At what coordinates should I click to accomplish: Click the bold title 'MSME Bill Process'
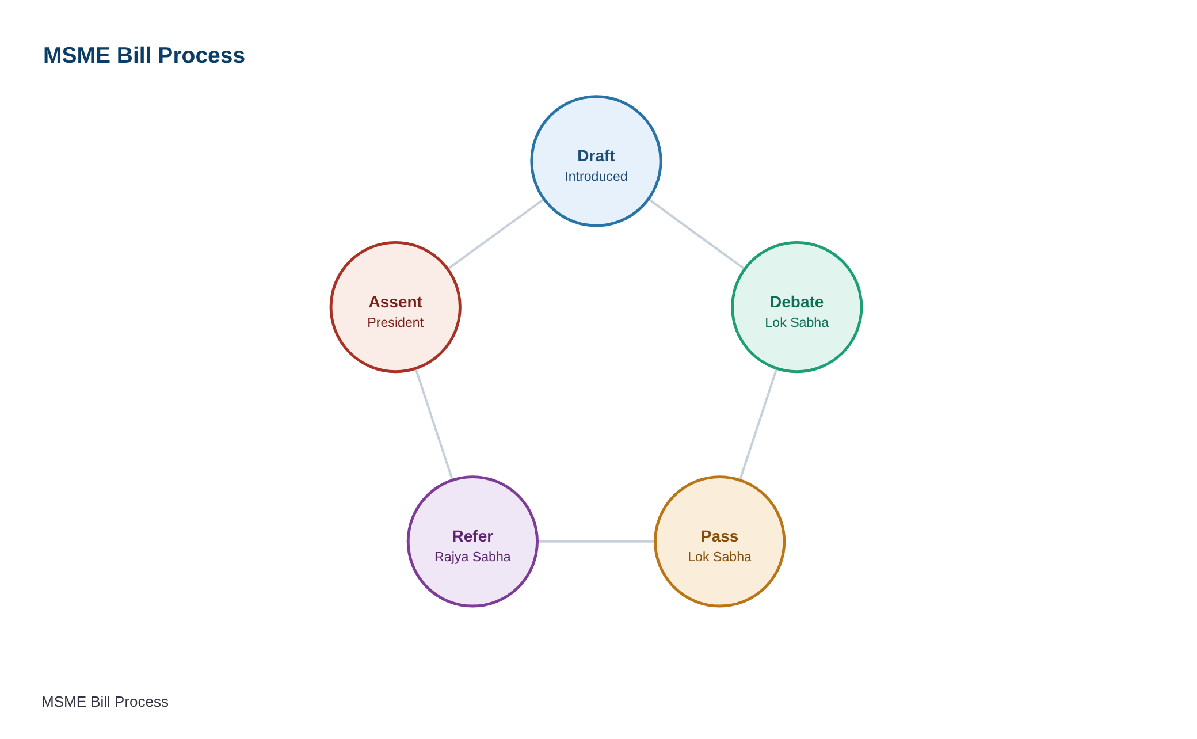coord(144,55)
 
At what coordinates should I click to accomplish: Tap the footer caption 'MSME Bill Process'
coord(105,702)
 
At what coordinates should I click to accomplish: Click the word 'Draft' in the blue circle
coord(596,156)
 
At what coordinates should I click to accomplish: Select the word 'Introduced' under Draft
coord(596,177)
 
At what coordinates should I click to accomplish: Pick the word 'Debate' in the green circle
coord(796,302)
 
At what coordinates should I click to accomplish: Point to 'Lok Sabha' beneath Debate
coord(796,323)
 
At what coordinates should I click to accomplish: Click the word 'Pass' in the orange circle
coord(719,536)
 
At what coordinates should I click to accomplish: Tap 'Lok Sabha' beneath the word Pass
coord(719,557)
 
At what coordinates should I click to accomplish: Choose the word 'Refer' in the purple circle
coord(472,536)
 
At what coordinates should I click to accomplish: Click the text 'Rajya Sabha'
coord(472,557)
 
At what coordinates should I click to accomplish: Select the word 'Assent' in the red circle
coord(395,302)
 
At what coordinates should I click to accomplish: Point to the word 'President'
coord(395,323)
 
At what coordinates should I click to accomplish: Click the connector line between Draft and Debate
coord(696,234)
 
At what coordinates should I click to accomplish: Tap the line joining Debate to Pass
coord(758,424)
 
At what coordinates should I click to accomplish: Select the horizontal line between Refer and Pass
coord(596,542)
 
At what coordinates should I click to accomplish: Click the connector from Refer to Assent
coord(434,424)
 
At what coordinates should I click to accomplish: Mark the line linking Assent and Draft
coord(496,234)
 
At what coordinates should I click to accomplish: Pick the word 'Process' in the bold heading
coord(201,55)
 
